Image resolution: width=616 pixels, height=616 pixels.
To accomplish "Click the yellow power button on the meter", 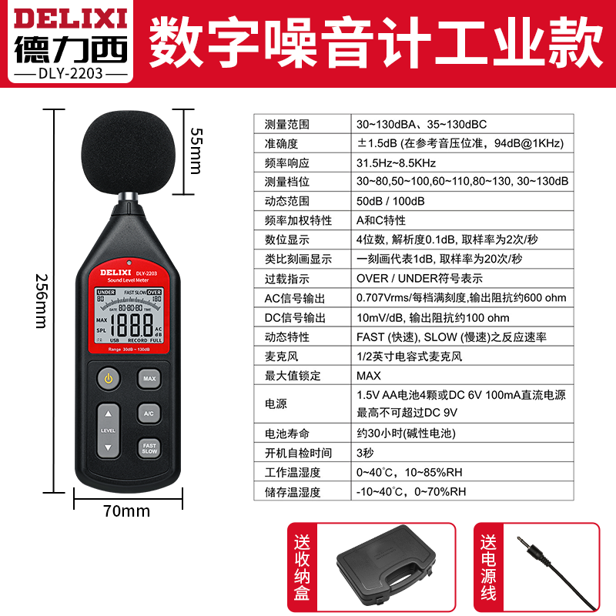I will click(109, 379).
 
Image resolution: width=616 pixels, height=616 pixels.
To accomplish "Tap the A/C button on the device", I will click(149, 413).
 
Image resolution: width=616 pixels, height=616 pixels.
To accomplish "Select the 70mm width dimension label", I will click(126, 511).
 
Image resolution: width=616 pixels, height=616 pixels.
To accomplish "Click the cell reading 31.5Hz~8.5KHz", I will click(396, 162).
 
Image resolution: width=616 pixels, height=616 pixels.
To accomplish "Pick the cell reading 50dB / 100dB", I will click(390, 201).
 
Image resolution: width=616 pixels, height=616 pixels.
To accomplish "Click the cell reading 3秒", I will click(366, 453).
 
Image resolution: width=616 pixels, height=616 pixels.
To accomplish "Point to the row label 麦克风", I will click(280, 356).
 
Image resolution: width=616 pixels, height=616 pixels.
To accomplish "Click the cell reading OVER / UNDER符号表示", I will click(420, 279).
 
